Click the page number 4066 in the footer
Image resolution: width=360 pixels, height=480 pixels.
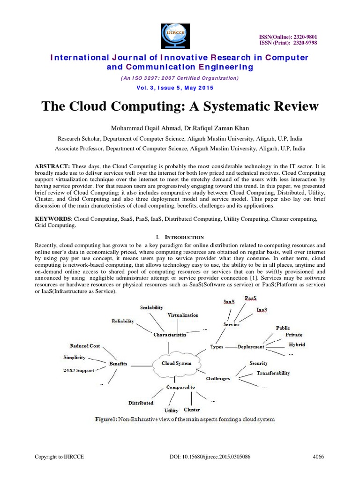point(319,457)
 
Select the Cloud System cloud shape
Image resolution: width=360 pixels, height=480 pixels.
point(176,364)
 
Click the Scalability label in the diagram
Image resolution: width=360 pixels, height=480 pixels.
point(151,307)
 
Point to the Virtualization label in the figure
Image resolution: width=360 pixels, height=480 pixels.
point(183,315)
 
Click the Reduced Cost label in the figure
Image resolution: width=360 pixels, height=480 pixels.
point(85,346)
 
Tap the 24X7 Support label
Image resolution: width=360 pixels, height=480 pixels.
point(79,370)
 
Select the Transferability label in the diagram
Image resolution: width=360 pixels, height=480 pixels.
point(273,373)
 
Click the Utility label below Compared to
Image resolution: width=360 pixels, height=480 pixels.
point(171,411)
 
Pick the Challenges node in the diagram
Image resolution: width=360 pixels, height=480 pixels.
point(218,378)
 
